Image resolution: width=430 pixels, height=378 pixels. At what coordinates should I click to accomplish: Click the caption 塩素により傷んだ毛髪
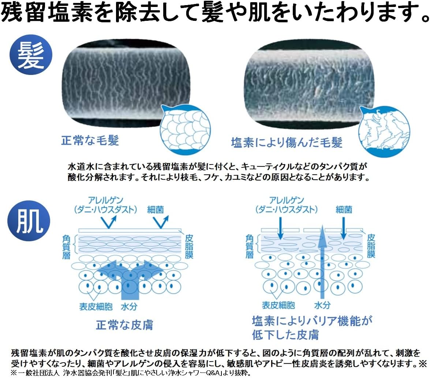click(287, 142)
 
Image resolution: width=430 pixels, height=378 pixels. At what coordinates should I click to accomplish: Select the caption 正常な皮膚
click(124, 324)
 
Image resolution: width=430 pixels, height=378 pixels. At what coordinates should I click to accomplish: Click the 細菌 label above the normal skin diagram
click(155, 209)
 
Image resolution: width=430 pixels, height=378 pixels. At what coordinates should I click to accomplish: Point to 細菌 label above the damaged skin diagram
click(344, 209)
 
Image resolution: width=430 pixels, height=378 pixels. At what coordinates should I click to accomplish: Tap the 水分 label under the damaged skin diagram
click(322, 305)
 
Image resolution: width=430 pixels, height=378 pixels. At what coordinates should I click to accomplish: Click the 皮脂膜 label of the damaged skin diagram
click(370, 245)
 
